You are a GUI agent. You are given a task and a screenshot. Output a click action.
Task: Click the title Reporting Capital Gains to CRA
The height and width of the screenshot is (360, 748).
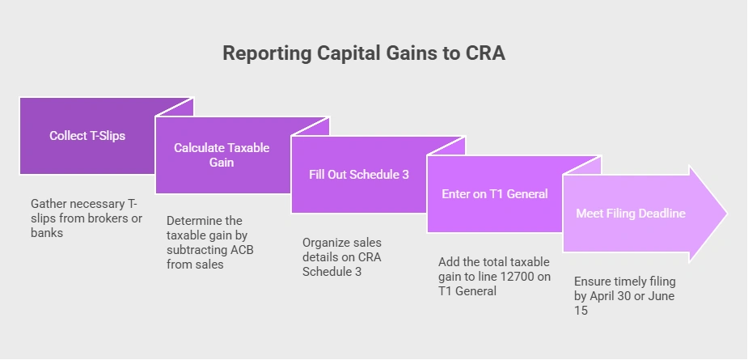coord(364,53)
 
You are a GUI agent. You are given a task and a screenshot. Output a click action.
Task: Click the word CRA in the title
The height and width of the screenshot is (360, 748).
coord(486,53)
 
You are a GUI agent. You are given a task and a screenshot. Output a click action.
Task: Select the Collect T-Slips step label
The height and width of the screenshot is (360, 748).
coord(87,136)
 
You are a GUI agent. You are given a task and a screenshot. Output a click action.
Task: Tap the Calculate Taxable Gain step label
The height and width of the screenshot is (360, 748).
coord(222,155)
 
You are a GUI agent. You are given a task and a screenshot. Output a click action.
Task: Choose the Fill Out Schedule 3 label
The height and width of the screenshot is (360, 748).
coord(359,174)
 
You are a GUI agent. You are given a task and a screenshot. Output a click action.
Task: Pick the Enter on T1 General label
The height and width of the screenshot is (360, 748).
coord(495,194)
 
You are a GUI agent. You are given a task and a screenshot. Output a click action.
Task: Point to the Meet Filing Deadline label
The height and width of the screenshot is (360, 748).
coord(631,214)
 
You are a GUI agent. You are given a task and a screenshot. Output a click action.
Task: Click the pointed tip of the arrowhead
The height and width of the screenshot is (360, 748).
coord(726,214)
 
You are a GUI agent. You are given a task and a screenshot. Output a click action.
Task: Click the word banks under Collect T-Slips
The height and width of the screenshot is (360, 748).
coord(47,233)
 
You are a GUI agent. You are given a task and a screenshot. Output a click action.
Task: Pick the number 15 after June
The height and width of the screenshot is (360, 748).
coord(581,311)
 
